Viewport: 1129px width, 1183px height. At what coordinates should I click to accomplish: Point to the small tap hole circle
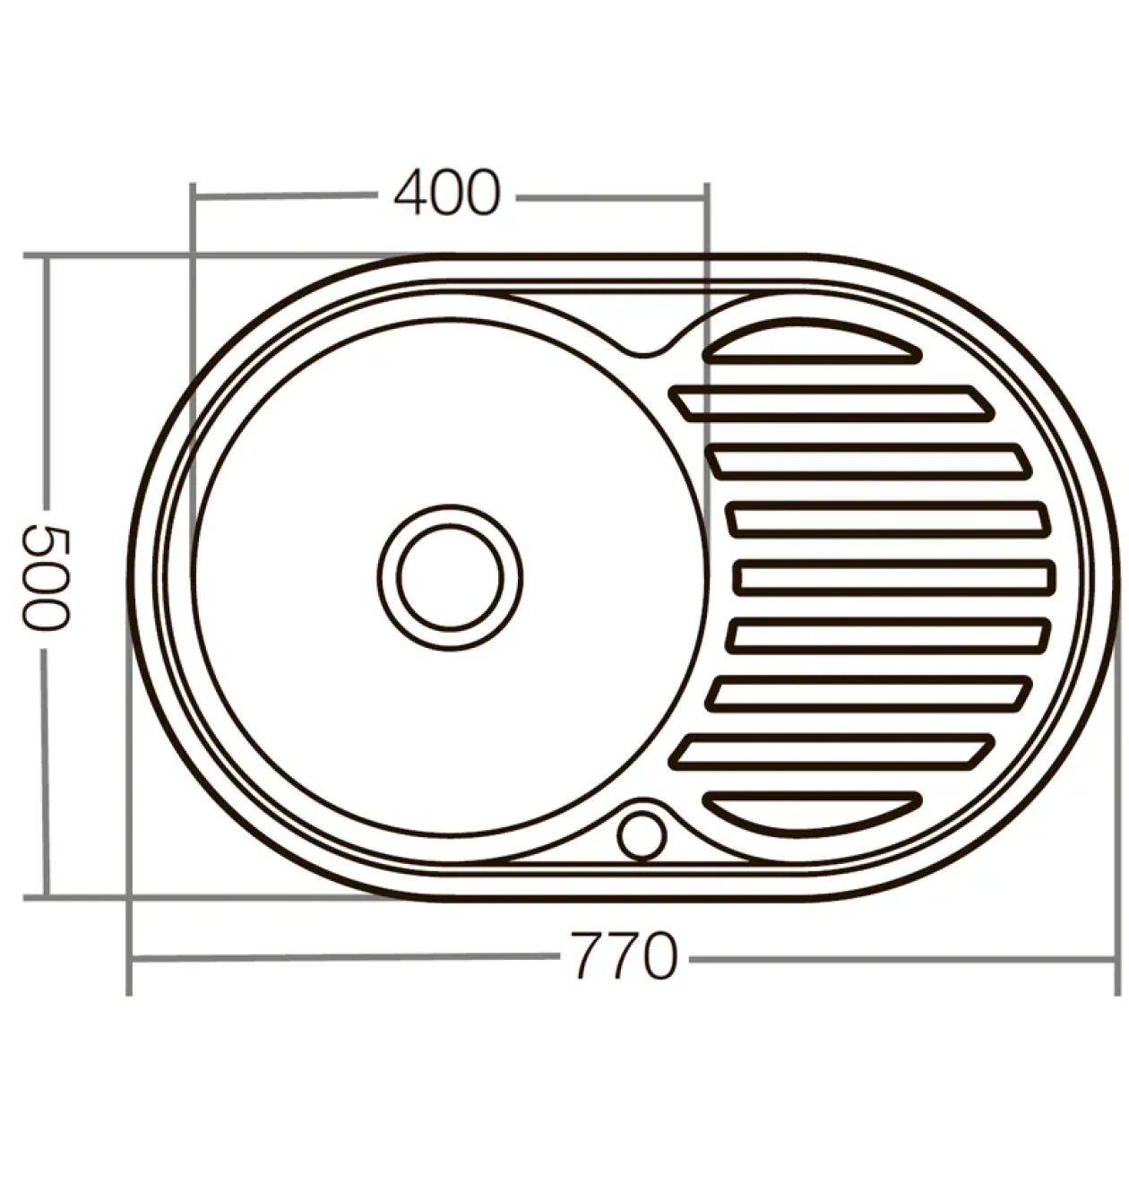(x=642, y=836)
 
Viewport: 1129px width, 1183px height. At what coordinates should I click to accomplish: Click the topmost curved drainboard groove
(x=812, y=344)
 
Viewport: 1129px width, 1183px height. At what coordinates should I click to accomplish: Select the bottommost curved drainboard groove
(x=812, y=813)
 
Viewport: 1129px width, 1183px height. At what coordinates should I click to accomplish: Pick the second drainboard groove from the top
(x=832, y=403)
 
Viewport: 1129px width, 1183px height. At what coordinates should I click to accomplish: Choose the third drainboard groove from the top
(x=868, y=462)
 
